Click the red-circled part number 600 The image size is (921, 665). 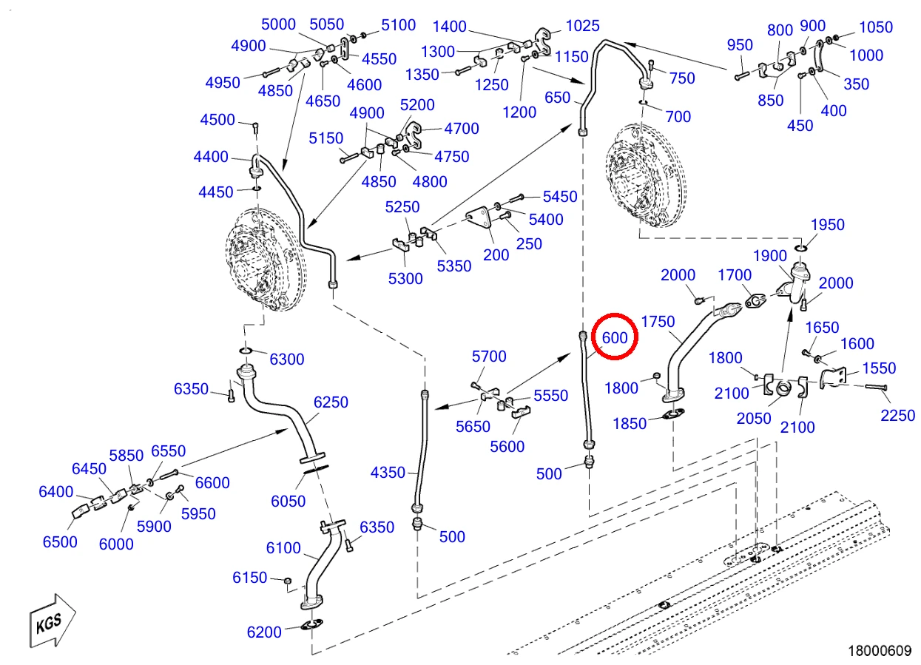(615, 337)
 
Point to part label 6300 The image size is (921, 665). (286, 359)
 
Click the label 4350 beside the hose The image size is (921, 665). (388, 473)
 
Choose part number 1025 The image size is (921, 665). (583, 26)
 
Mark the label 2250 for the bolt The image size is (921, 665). (897, 416)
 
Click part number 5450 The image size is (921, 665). (560, 197)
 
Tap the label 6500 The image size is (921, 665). (60, 541)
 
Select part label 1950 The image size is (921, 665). (828, 225)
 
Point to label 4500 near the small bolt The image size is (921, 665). (217, 120)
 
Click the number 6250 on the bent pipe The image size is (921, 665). (331, 402)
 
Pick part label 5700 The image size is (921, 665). (489, 356)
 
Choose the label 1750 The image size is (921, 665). (658, 321)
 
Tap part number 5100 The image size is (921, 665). (399, 25)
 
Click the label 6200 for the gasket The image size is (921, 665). (264, 632)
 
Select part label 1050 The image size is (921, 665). (876, 27)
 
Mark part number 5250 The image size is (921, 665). (402, 207)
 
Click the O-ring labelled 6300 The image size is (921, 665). (246, 351)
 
